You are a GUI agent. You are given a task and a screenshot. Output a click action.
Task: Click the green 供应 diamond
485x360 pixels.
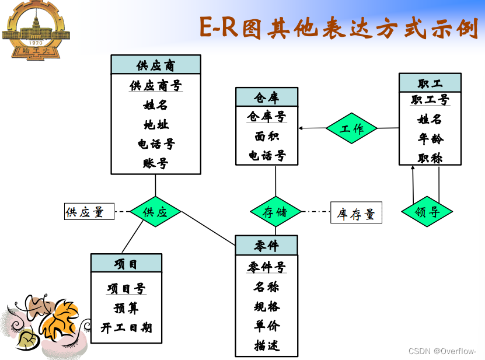(155, 212)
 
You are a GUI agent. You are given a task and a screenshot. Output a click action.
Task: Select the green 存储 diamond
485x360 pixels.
(275, 212)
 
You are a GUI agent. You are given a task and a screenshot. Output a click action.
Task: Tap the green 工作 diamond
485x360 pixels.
(351, 128)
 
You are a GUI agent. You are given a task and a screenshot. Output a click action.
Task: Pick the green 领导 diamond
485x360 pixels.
(427, 212)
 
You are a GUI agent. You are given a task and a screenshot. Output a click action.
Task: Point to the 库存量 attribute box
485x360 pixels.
(355, 214)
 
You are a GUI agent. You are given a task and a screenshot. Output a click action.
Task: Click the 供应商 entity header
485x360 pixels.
(156, 65)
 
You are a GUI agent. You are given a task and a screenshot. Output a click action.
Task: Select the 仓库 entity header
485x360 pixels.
(266, 97)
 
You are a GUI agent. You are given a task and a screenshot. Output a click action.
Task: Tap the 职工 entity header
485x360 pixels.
(430, 82)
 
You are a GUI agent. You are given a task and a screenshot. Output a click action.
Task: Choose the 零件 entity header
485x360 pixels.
(266, 245)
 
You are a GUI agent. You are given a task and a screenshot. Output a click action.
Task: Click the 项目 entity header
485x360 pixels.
(126, 263)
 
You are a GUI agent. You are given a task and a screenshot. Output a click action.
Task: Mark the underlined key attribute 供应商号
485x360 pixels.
(156, 86)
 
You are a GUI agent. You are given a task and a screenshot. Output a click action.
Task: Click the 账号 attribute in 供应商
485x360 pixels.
(156, 163)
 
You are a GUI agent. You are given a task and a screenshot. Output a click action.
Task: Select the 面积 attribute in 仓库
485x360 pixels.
(266, 137)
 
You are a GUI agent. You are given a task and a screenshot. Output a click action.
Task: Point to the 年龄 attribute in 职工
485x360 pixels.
(430, 139)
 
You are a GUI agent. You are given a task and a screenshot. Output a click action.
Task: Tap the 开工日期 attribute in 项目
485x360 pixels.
(126, 327)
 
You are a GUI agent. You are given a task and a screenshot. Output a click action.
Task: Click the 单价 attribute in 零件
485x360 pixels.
(266, 326)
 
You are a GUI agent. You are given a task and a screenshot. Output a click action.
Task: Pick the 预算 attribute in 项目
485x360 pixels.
(126, 308)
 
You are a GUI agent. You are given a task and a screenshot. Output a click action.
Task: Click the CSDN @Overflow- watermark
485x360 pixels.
(442, 351)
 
